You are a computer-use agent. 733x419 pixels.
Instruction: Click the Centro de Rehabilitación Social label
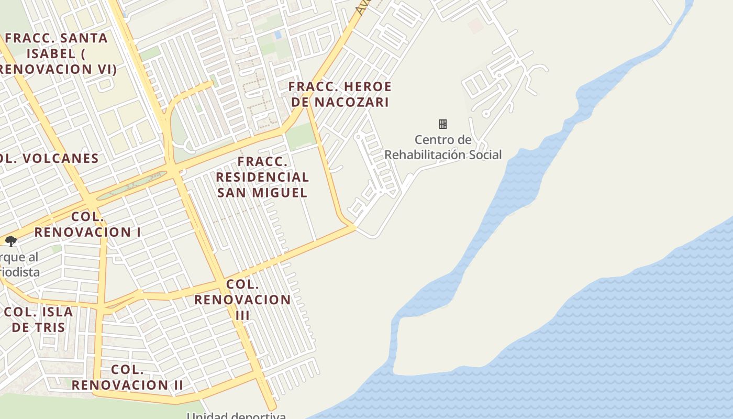point(443,147)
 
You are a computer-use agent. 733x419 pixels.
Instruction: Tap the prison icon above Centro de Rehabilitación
point(443,124)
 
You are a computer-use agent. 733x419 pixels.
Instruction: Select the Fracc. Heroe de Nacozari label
point(340,94)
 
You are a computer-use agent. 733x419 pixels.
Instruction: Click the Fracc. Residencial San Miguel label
point(262,177)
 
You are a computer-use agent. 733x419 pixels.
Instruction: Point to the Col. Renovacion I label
point(88,224)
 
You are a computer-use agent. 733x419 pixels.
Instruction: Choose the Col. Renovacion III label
point(242,300)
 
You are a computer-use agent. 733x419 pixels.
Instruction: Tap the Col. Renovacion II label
point(127,377)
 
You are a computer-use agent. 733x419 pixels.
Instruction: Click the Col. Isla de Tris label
point(39,319)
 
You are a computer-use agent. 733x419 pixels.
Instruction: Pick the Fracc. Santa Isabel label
point(57,53)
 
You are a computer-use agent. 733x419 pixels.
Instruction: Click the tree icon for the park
point(10,241)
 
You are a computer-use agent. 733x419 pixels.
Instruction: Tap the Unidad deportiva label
point(237,415)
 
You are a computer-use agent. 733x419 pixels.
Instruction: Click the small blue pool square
point(277,35)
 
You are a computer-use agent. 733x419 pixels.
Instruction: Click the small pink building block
point(475,25)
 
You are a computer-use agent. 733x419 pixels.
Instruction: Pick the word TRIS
point(51,327)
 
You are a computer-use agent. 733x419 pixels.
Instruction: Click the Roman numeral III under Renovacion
point(242,315)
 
